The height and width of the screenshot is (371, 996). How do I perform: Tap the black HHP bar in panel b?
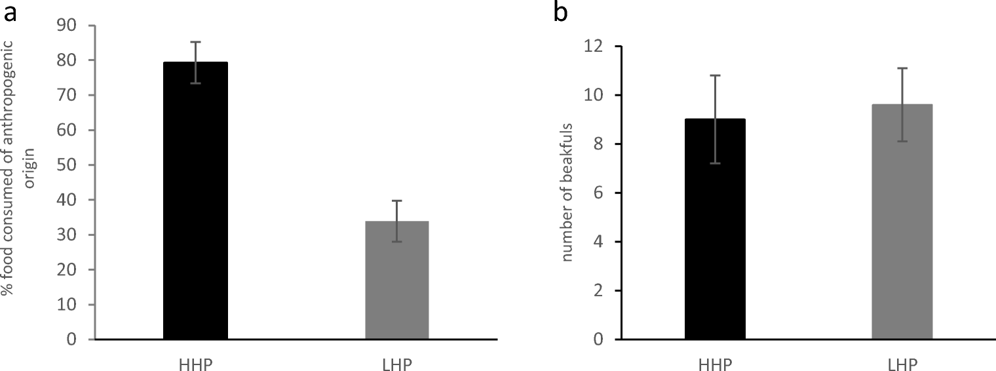[x=714, y=229]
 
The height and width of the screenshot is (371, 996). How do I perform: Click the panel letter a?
[x=9, y=12]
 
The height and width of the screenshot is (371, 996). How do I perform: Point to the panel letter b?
[x=561, y=12]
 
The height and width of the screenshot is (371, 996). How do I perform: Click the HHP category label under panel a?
[x=195, y=363]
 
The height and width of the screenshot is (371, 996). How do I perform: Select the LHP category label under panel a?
[x=396, y=363]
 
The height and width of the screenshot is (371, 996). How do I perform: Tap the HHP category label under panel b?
[x=714, y=363]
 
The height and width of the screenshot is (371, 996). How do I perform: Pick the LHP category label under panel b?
[x=902, y=363]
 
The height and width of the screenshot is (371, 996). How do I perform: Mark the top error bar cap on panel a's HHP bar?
[x=195, y=42]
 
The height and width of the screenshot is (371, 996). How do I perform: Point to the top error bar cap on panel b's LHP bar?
[x=902, y=68]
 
